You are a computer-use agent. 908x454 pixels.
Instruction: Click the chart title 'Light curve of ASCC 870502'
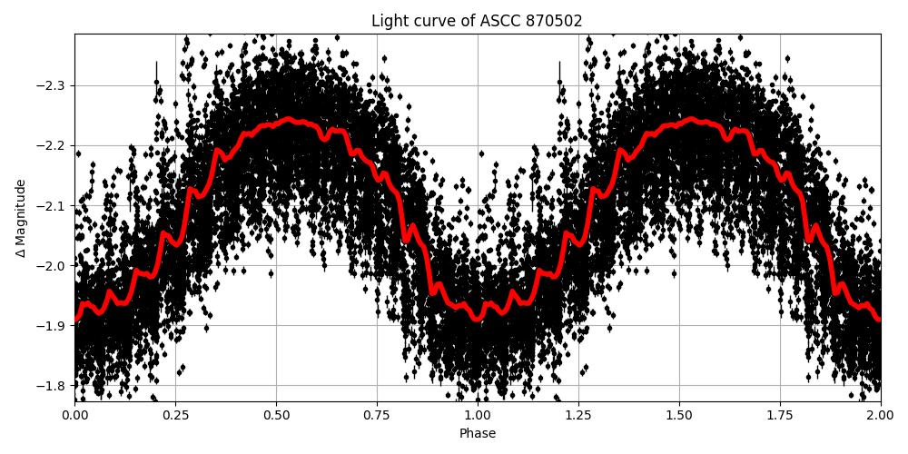point(477,21)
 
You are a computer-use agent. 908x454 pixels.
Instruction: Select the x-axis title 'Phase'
point(477,434)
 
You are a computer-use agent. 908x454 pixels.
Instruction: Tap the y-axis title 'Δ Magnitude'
point(21,218)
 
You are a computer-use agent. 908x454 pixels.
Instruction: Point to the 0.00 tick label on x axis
point(74,415)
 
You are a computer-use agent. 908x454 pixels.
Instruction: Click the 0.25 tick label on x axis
point(175,415)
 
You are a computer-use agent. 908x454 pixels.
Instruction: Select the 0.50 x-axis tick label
point(276,415)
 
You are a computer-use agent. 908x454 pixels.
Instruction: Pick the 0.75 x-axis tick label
point(377,415)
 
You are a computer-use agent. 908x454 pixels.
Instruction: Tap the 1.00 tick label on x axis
point(478,415)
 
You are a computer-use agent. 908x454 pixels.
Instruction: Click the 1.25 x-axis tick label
point(578,415)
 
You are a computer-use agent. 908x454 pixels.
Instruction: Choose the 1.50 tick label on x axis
point(679,415)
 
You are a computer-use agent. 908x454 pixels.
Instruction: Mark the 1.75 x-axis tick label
point(780,415)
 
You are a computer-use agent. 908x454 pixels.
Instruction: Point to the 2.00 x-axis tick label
point(880,415)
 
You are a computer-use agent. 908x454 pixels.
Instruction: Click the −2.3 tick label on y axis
point(51,85)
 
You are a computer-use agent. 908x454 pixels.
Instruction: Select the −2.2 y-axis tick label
point(51,145)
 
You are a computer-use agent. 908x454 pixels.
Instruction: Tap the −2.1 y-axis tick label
point(51,205)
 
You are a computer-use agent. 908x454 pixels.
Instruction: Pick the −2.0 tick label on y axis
point(51,265)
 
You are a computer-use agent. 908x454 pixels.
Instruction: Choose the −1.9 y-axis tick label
point(51,325)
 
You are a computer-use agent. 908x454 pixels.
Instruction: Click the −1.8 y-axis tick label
point(51,385)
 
